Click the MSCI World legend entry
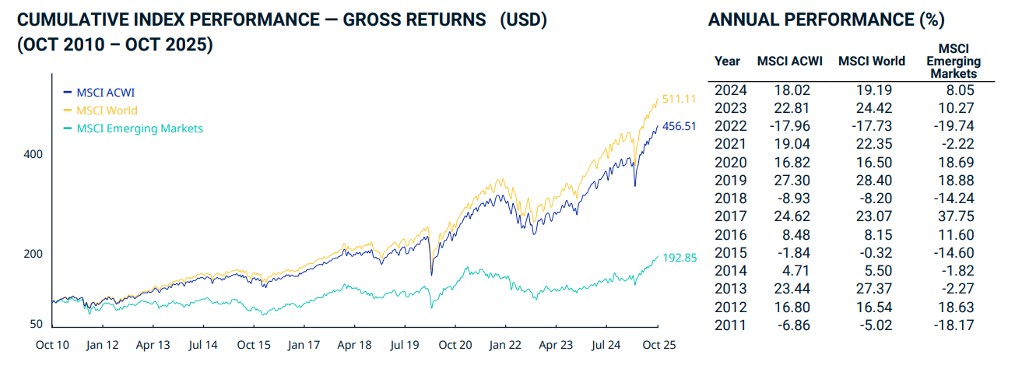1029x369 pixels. (x=107, y=111)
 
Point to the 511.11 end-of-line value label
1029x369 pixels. (x=679, y=99)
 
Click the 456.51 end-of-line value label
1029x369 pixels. (x=679, y=125)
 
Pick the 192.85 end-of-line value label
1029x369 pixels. (x=679, y=256)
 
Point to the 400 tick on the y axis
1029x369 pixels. (x=33, y=154)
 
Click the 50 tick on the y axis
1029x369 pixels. (x=37, y=325)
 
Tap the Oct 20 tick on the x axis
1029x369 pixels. (x=455, y=344)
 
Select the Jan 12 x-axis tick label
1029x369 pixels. (x=102, y=344)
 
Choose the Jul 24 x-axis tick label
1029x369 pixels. (x=606, y=344)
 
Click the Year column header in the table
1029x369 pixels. (x=728, y=61)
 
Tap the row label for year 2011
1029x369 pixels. (x=730, y=325)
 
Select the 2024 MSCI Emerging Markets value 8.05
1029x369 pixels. (x=961, y=90)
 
